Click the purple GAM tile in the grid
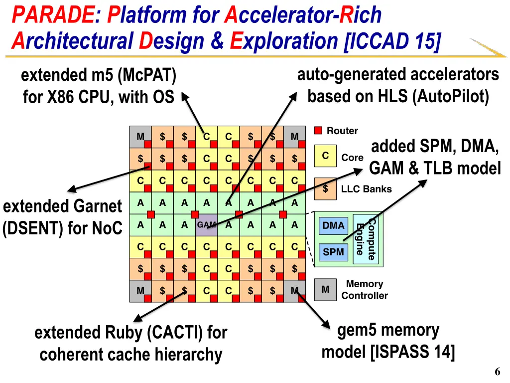click(x=207, y=225)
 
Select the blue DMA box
click(x=333, y=226)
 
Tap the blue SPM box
click(x=333, y=252)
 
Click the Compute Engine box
click(x=367, y=239)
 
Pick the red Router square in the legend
click(x=318, y=131)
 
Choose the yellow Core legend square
click(x=325, y=156)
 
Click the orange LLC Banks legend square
click(x=325, y=189)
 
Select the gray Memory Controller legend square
click(x=325, y=290)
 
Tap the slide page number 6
click(x=498, y=372)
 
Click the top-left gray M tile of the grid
click(x=140, y=137)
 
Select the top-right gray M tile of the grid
click(x=295, y=137)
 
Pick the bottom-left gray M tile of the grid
click(x=140, y=291)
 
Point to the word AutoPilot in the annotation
click(x=450, y=97)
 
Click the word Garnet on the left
click(x=98, y=206)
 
